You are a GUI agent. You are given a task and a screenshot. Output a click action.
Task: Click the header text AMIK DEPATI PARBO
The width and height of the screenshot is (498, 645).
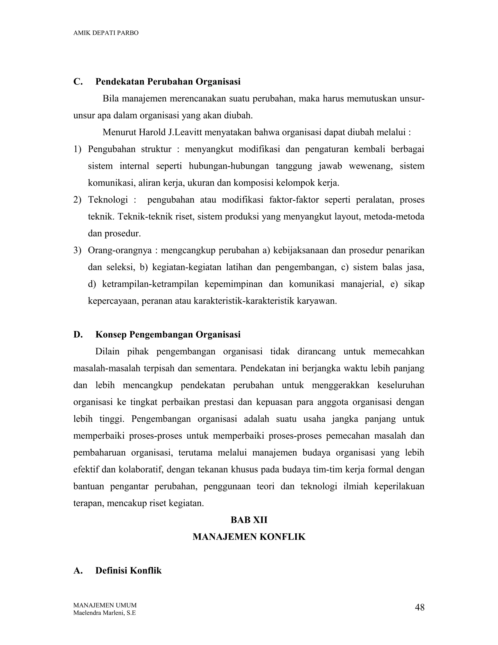coord(106,33)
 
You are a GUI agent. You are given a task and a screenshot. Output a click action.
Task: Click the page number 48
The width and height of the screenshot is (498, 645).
coord(419,607)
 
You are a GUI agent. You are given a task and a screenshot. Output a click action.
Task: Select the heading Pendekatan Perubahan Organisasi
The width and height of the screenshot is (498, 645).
coord(168,82)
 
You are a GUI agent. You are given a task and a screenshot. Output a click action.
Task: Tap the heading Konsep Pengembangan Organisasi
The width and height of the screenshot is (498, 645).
coord(168,335)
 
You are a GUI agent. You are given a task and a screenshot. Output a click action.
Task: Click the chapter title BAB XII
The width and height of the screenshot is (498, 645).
coord(249,520)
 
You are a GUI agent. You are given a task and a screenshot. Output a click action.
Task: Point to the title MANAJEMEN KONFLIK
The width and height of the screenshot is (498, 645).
coord(249,537)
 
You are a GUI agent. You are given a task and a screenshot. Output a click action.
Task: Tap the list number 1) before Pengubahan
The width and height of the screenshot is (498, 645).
coord(77,149)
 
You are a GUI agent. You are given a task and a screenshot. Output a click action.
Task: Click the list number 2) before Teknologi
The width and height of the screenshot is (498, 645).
coord(77,200)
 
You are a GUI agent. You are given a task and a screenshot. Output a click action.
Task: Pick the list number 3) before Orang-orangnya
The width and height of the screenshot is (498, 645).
coord(77,250)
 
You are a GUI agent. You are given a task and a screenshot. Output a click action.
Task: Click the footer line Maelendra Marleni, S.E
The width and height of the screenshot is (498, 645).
coord(104,613)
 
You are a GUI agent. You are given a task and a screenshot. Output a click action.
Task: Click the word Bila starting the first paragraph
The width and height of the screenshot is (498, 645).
coord(110,99)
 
